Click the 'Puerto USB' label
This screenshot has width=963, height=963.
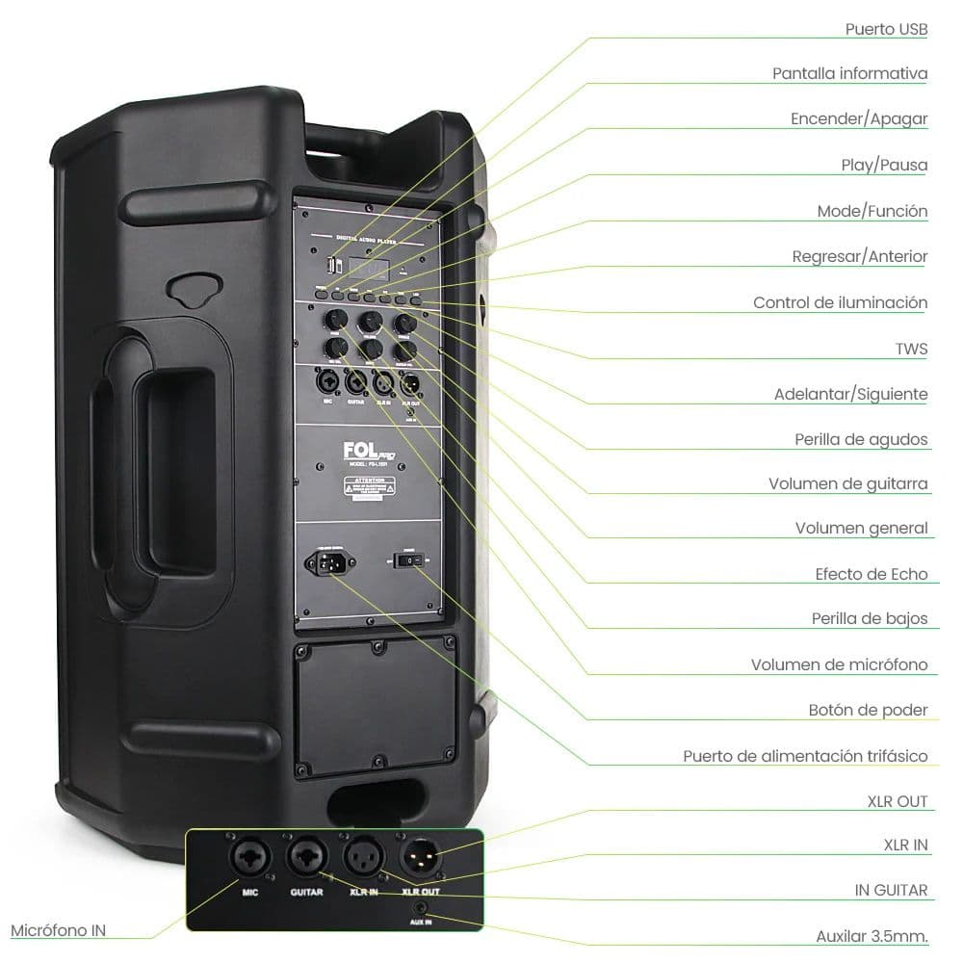coord(886,29)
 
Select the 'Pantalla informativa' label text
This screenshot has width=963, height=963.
coord(849,74)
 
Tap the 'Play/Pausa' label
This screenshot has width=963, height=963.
coord(884,166)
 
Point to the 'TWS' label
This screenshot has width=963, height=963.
coord(911,349)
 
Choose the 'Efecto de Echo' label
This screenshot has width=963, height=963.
coord(871,574)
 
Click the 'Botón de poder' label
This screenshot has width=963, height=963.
coord(868,711)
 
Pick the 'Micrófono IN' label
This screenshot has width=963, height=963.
coord(59,930)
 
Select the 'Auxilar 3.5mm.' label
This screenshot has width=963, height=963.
coord(872,936)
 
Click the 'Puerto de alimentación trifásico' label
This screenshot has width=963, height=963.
coord(805,756)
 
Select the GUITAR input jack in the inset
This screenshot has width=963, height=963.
coord(305,856)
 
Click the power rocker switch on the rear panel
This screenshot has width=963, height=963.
coord(409,560)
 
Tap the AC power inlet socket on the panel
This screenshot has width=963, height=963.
coord(326,561)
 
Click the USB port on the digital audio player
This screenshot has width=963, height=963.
coord(334,264)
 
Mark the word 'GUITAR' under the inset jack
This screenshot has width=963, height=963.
coord(305,892)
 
